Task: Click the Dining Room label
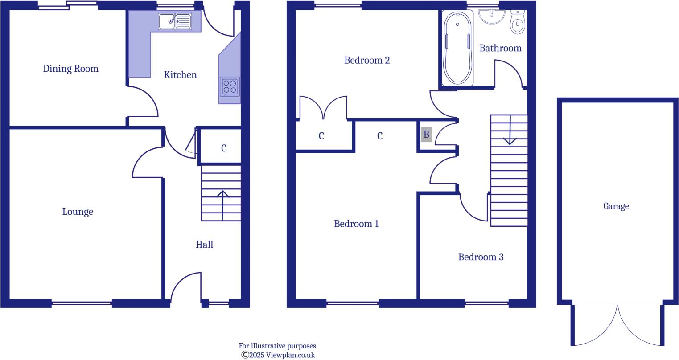(x=70, y=69)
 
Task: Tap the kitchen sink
(x=175, y=21)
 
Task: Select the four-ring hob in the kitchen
(x=230, y=86)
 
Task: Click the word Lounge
(x=78, y=212)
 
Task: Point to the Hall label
(x=204, y=245)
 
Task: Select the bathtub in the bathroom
(x=458, y=48)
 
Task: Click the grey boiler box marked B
(x=426, y=134)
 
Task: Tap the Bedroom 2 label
(x=367, y=60)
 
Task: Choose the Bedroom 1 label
(x=356, y=224)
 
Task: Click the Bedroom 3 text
(x=481, y=257)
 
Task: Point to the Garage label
(x=616, y=206)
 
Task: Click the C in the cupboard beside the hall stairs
(x=224, y=148)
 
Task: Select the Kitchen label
(x=180, y=75)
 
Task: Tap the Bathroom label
(x=500, y=48)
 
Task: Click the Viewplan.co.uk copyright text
(x=278, y=355)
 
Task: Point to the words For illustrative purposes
(x=277, y=346)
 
